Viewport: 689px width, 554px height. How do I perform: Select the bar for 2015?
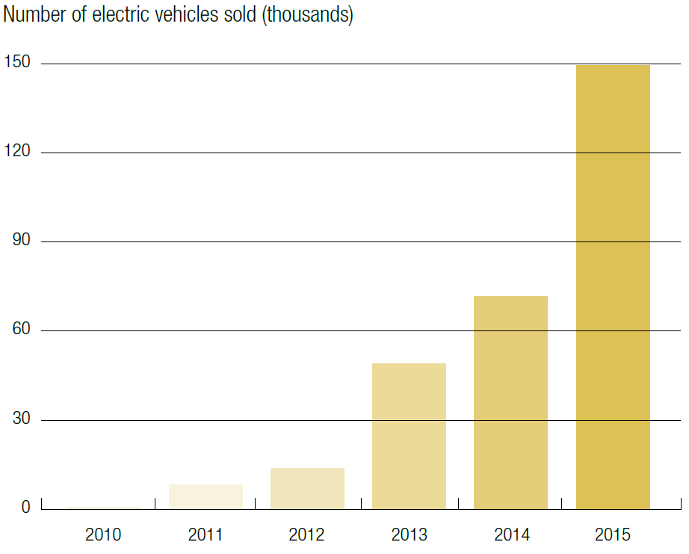[613, 287]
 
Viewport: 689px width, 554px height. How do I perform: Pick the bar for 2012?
[307, 488]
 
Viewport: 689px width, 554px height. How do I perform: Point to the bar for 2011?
[206, 496]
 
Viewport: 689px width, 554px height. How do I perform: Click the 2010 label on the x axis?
[103, 535]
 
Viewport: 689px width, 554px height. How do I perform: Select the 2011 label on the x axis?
[206, 535]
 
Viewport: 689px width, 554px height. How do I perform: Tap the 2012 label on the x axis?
[307, 535]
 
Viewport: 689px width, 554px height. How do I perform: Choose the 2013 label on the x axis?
[409, 535]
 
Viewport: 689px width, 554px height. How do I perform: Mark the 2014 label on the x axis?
[511, 535]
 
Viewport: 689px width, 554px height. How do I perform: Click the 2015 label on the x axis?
[613, 535]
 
